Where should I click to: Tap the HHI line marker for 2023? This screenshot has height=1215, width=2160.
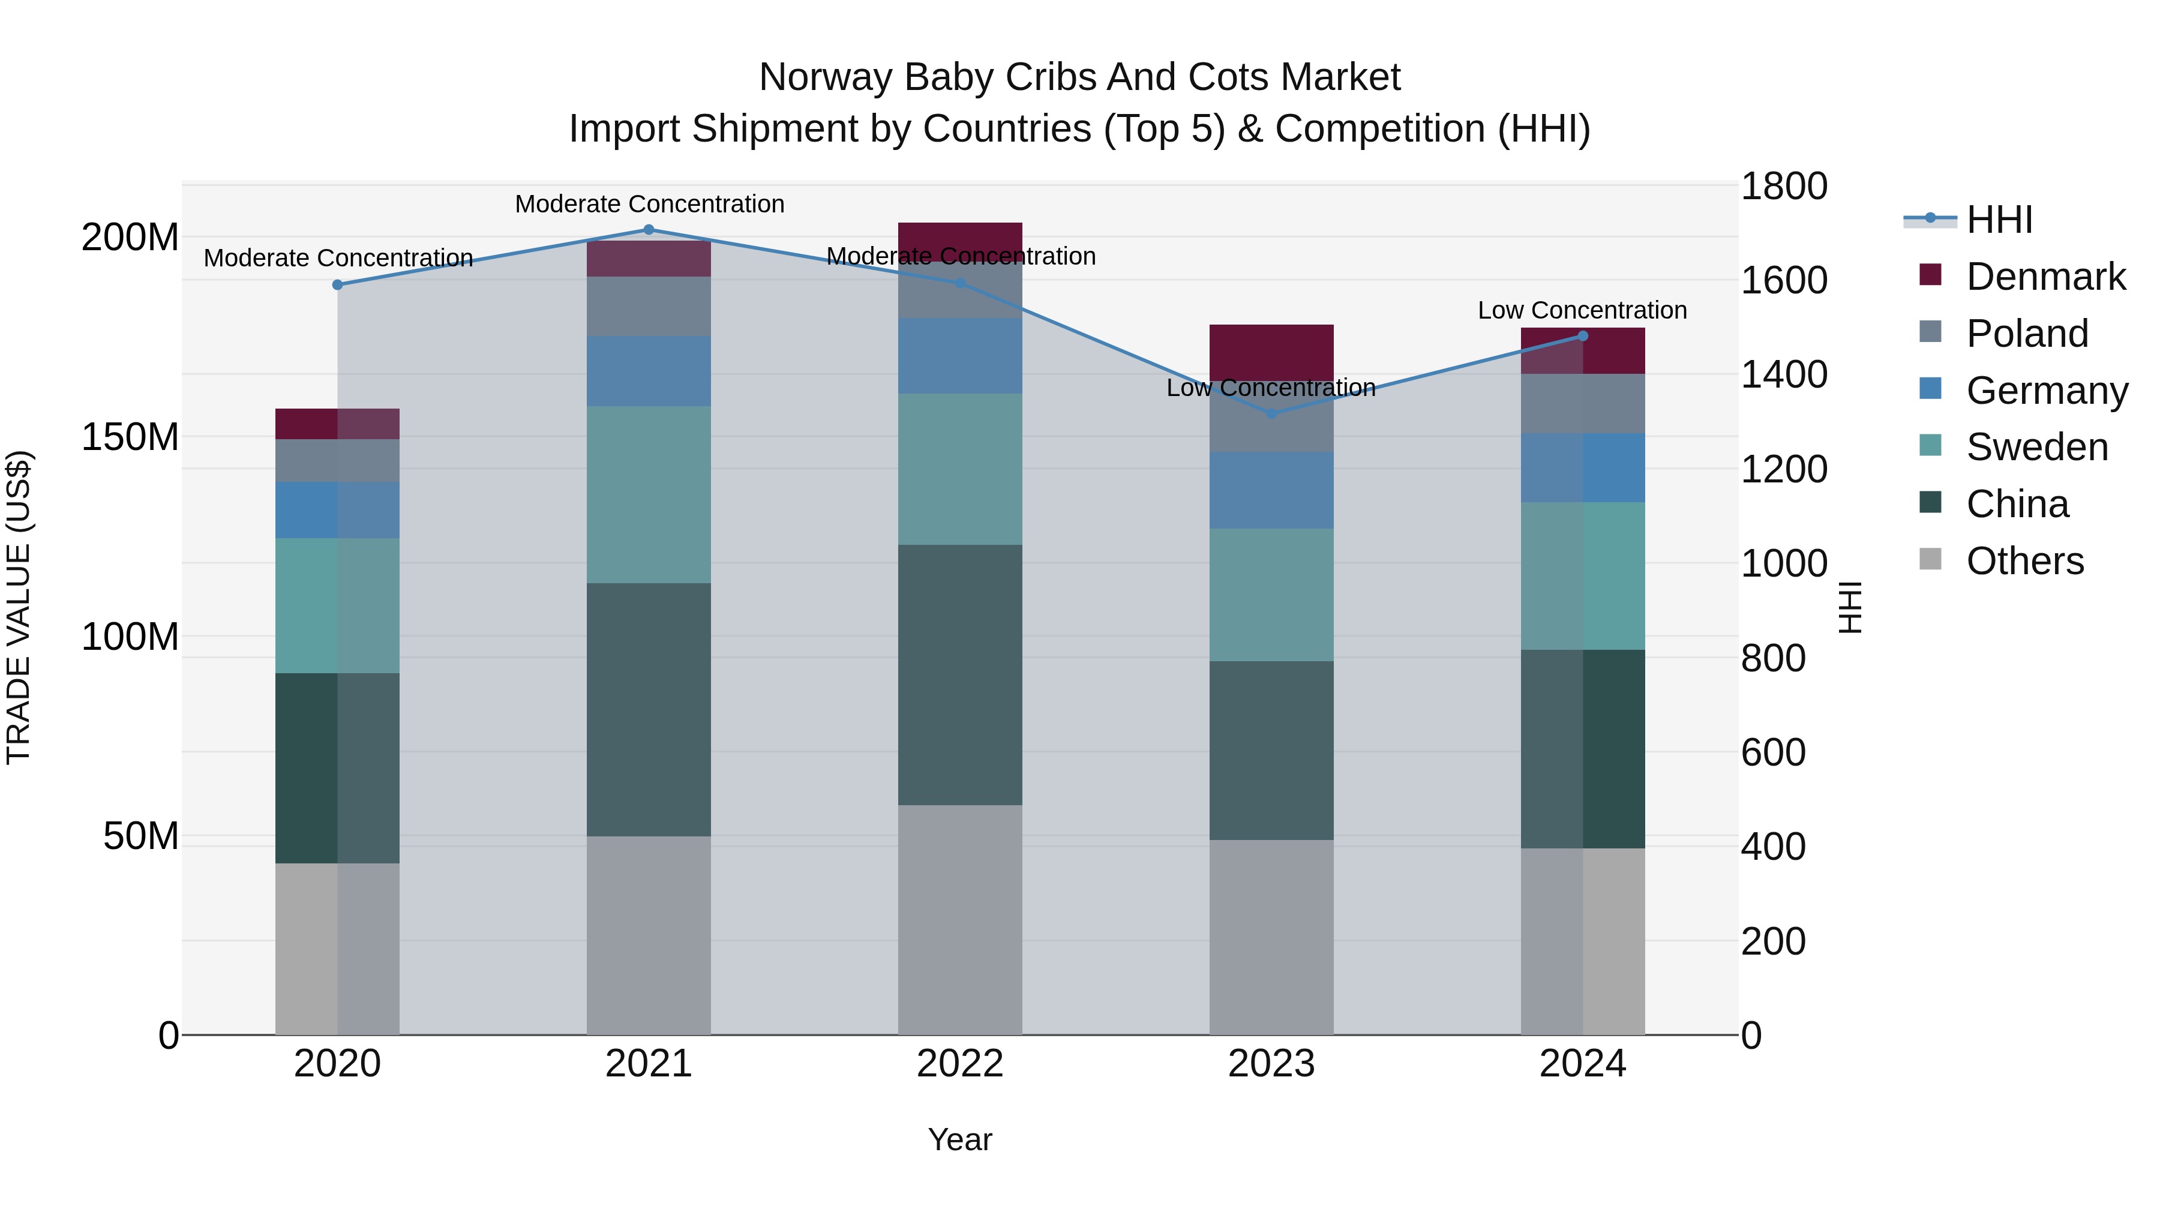pyautogui.click(x=1271, y=413)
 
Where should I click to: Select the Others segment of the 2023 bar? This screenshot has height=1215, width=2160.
pyautogui.click(x=1271, y=937)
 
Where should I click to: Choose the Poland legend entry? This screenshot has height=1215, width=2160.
pyautogui.click(x=2027, y=334)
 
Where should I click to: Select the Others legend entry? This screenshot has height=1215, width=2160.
pyautogui.click(x=2024, y=561)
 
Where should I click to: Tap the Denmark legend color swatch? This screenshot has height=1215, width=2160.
pyautogui.click(x=1930, y=275)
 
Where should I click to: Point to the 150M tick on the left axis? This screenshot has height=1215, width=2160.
pyautogui.click(x=130, y=437)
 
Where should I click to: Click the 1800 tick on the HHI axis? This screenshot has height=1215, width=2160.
pyautogui.click(x=1784, y=186)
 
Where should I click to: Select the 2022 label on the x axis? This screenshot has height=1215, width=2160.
pyautogui.click(x=960, y=1064)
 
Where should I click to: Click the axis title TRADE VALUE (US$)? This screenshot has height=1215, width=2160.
pyautogui.click(x=19, y=607)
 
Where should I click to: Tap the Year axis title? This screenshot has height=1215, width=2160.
pyautogui.click(x=960, y=1139)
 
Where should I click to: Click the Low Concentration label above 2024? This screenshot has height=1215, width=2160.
pyautogui.click(x=1582, y=310)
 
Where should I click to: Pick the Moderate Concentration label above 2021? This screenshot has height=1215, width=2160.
pyautogui.click(x=649, y=204)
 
